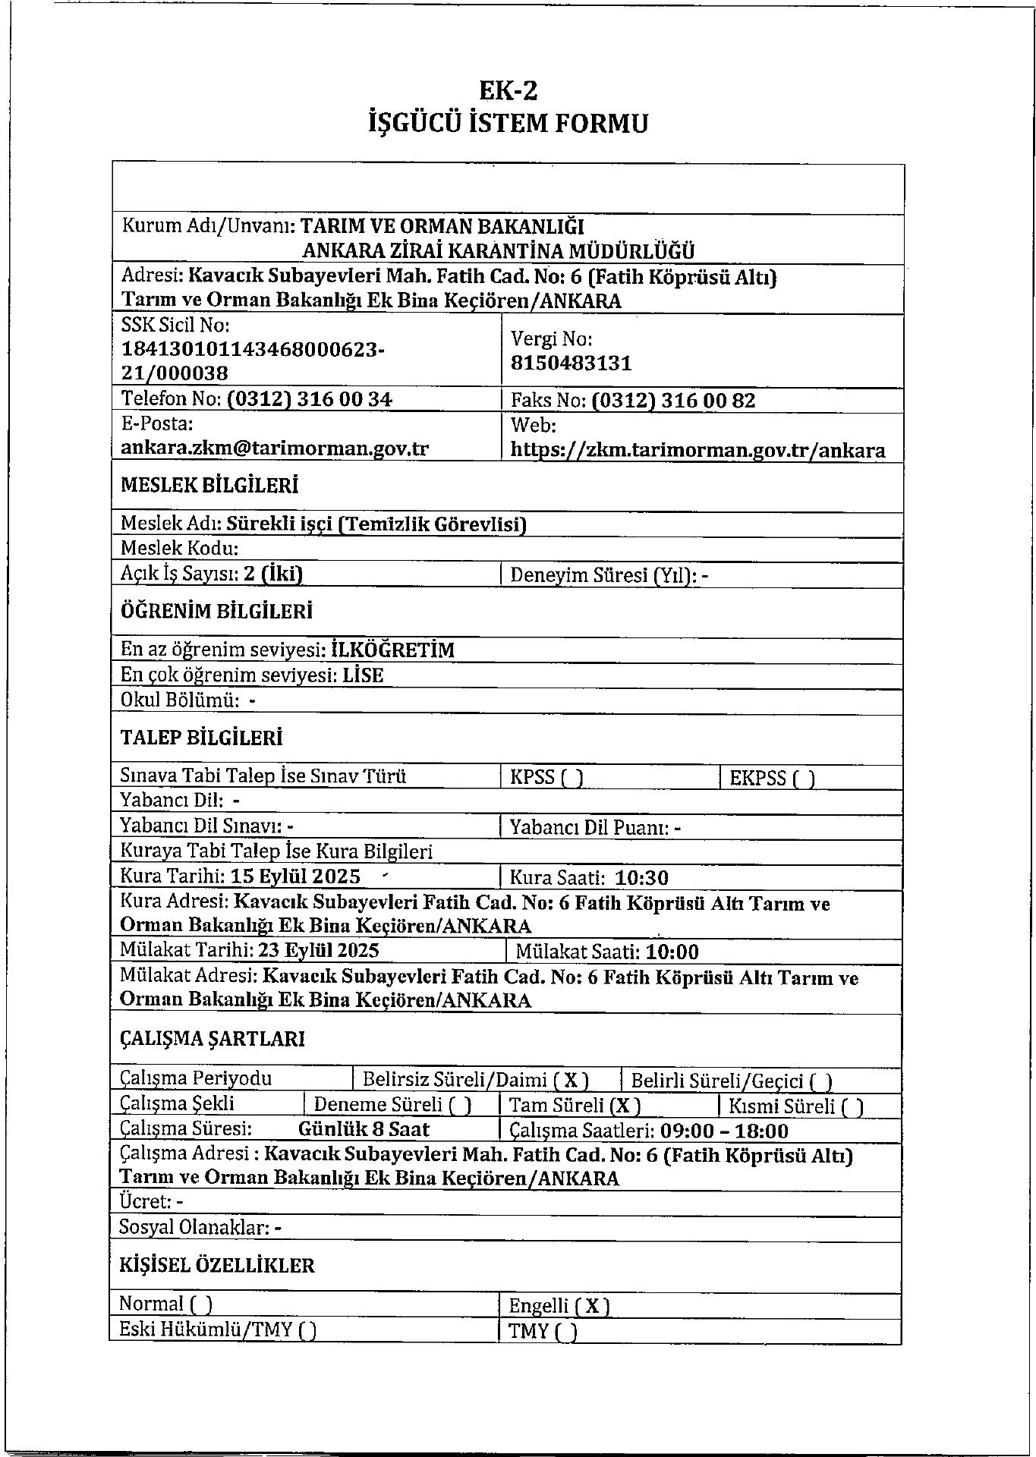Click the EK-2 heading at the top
(508, 91)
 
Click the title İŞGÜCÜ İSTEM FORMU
(508, 123)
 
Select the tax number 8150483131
(571, 363)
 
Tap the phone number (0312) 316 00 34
(309, 399)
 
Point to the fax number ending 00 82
(672, 401)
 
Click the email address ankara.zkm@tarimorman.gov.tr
(275, 448)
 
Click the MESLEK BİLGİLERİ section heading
(209, 486)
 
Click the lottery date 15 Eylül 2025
(295, 877)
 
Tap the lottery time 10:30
(641, 879)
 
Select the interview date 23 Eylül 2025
(319, 951)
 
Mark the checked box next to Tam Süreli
(626, 1106)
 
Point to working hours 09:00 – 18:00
(724, 1131)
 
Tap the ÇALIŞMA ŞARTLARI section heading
(213, 1039)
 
